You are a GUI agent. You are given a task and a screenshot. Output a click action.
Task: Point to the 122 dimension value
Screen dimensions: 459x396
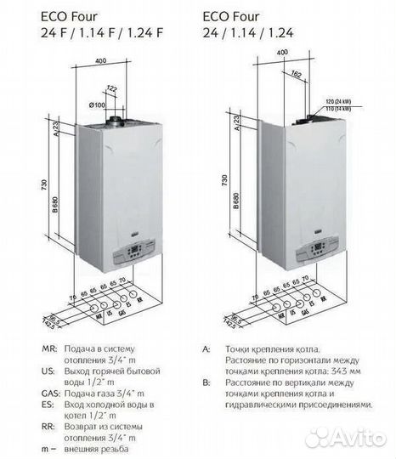pyautogui.click(x=111, y=88)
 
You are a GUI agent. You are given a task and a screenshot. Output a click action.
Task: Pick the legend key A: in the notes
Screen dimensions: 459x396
pyautogui.click(x=206, y=348)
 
